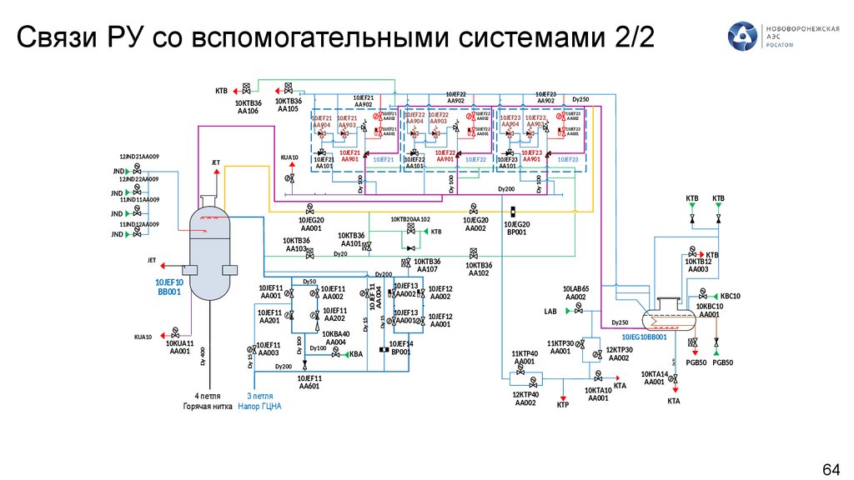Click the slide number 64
(831, 467)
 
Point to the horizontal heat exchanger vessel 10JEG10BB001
(666, 316)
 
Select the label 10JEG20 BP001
(516, 228)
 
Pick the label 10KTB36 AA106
(248, 106)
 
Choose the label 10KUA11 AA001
(179, 347)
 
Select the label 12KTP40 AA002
(525, 398)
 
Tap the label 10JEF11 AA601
(309, 382)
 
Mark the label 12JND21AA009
(139, 157)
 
